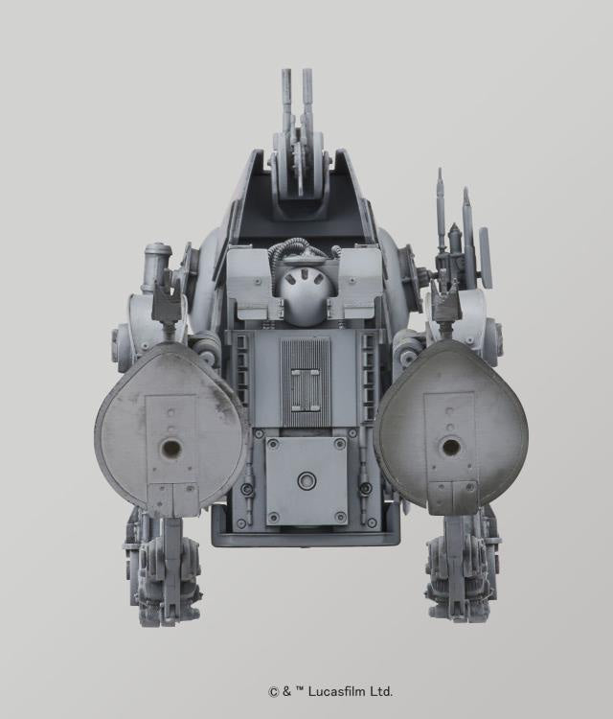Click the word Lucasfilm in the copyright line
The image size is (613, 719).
click(338, 691)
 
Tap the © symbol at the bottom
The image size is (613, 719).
click(272, 691)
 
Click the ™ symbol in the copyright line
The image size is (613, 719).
click(300, 690)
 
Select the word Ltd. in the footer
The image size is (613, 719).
click(381, 691)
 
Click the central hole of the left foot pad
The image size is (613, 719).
click(170, 448)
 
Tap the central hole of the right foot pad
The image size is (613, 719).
click(450, 447)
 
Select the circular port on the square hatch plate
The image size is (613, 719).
click(306, 481)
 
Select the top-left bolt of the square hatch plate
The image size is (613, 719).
click(272, 444)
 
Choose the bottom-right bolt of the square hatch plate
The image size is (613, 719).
click(340, 518)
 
